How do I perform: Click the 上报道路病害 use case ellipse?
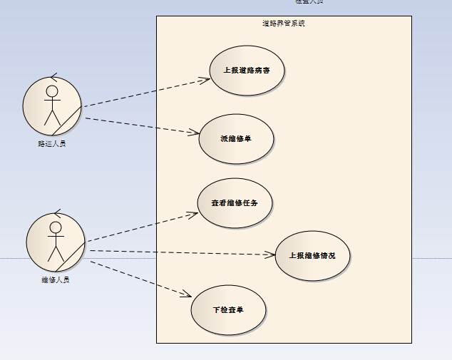pyautogui.click(x=247, y=70)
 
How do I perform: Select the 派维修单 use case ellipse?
pyautogui.click(x=236, y=138)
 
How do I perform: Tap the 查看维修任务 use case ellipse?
pyautogui.click(x=235, y=202)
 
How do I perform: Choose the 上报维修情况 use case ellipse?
pyautogui.click(x=312, y=255)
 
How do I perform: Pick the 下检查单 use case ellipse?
pyautogui.click(x=228, y=310)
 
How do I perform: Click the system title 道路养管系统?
pyautogui.click(x=284, y=24)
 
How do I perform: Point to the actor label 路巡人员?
pyautogui.click(x=52, y=143)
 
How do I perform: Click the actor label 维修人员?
pyautogui.click(x=55, y=279)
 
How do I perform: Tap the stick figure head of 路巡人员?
pyautogui.click(x=51, y=91)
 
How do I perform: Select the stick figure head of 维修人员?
pyautogui.click(x=55, y=227)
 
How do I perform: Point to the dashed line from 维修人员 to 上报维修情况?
pyautogui.click(x=182, y=252)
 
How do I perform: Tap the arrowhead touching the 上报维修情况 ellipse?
pyautogui.click(x=271, y=254)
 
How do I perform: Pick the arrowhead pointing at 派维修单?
pyautogui.click(x=194, y=132)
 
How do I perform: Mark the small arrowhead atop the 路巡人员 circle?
pyautogui.click(x=53, y=76)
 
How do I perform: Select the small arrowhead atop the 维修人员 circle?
pyautogui.click(x=56, y=212)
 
